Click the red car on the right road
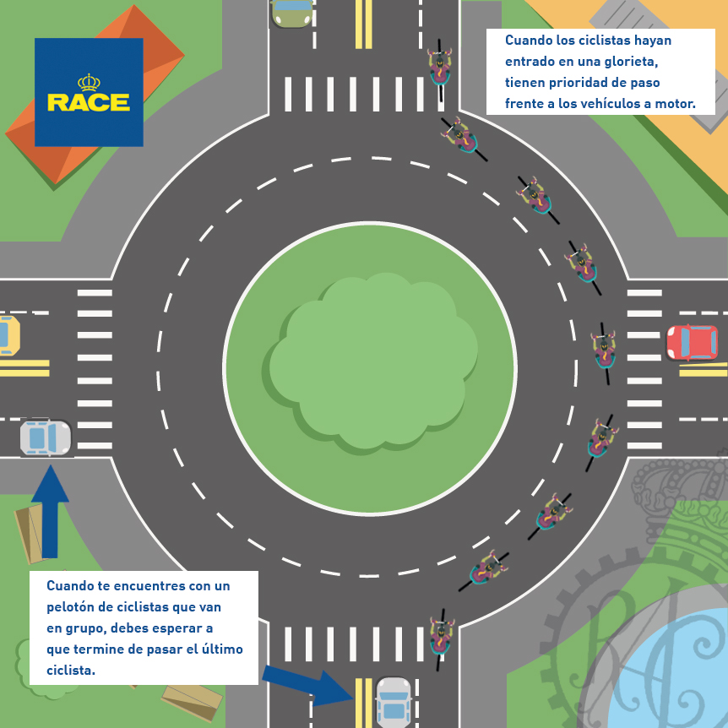coord(693,343)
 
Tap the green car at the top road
coord(291,13)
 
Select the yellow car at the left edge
coord(9,335)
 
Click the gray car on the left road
coord(46,437)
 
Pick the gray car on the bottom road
coord(394,703)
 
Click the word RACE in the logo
coord(89,102)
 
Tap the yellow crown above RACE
coord(89,82)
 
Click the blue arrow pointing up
coord(50,512)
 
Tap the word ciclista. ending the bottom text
coord(71,670)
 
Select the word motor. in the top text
coord(676,104)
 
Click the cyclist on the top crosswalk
coord(440,70)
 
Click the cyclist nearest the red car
coord(604,353)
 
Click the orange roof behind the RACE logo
coord(95,95)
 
